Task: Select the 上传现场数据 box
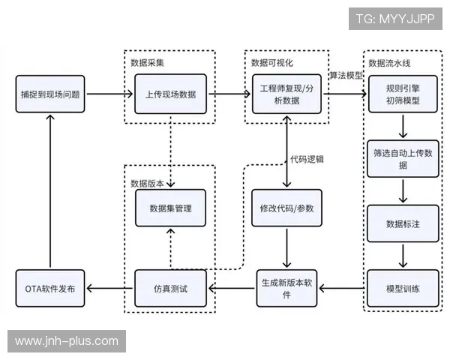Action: click(170, 94)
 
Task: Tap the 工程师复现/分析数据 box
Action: click(287, 94)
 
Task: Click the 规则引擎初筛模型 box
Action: click(403, 94)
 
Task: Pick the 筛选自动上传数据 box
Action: click(403, 158)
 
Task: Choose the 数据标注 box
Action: click(403, 223)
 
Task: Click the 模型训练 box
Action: click(403, 288)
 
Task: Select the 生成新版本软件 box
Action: click(287, 288)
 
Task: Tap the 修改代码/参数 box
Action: click(287, 208)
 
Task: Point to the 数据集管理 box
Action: click(170, 208)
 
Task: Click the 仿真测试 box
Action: click(170, 288)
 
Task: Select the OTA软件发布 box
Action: click(50, 288)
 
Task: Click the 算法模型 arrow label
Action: click(346, 76)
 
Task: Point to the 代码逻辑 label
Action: click(307, 160)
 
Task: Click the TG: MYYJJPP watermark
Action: click(394, 18)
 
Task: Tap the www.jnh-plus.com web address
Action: click(66, 341)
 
